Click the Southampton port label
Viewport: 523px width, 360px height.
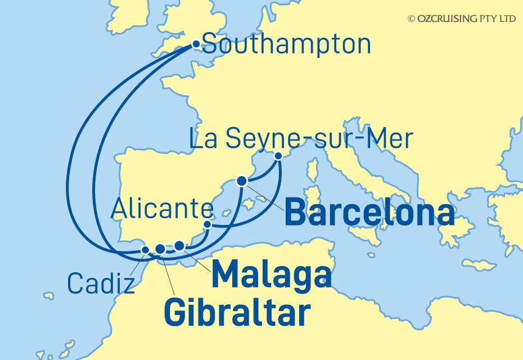point(286,44)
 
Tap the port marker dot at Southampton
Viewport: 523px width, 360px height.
point(196,44)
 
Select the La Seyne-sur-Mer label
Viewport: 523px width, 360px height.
point(301,139)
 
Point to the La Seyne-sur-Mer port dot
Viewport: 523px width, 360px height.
point(277,155)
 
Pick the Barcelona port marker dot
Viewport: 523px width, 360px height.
point(242,181)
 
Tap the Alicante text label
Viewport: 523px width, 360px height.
point(162,210)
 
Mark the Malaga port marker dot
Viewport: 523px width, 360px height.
point(179,245)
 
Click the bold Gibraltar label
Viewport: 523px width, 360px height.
point(237,313)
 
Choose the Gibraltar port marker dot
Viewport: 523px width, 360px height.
point(160,249)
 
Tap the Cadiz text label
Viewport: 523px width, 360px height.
point(101,284)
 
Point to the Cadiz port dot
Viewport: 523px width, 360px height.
point(145,249)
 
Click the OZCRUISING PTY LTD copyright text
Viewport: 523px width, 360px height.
point(462,19)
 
